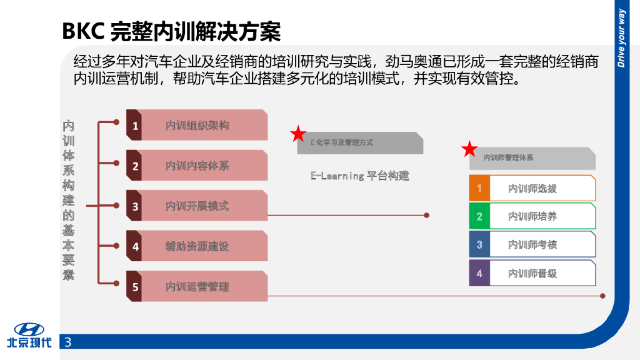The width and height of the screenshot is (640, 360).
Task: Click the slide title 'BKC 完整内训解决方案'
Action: [x=171, y=31]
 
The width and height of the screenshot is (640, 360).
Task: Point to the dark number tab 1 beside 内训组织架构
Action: [x=134, y=126]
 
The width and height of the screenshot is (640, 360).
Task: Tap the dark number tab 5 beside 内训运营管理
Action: [x=134, y=287]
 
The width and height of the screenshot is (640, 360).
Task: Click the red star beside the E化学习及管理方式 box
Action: [x=299, y=134]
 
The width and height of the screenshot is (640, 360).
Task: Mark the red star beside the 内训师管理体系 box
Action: [x=469, y=149]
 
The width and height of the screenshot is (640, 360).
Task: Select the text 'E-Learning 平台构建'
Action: [x=359, y=176]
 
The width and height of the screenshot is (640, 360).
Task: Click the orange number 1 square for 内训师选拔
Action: [x=479, y=188]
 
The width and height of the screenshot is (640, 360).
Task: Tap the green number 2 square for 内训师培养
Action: [x=479, y=216]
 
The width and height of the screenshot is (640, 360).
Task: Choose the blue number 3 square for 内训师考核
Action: [x=479, y=244]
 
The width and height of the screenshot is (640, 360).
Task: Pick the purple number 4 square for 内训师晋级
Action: [x=479, y=273]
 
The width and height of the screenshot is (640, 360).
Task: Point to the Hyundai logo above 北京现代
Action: [x=29, y=329]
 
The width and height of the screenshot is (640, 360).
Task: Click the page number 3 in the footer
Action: [x=68, y=342]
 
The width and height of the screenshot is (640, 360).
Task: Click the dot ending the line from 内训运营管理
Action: [x=602, y=296]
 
